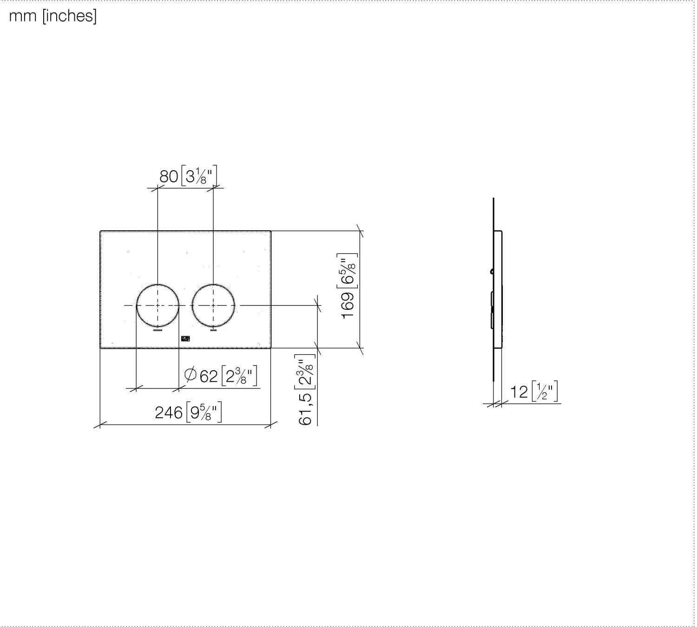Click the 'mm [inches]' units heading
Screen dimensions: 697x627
53,16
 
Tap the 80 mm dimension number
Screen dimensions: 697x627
169,176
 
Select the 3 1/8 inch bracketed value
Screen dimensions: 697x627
199,176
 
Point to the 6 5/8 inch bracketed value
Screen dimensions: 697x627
347,271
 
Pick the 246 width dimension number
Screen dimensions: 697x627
169,413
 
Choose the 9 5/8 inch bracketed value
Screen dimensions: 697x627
204,412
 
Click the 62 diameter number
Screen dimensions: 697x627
209,376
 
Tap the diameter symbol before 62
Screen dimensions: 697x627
191,374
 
